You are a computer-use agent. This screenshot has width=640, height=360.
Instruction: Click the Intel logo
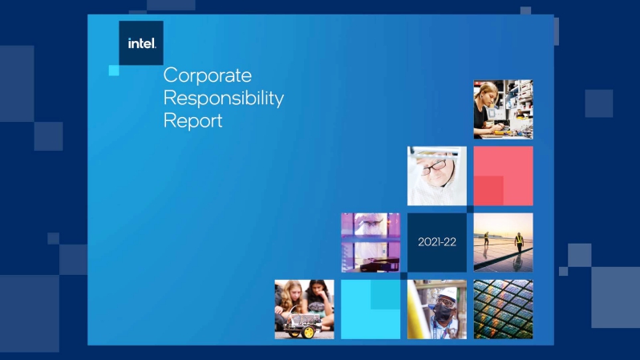point(141,42)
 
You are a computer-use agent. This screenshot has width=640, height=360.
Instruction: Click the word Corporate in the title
point(208,75)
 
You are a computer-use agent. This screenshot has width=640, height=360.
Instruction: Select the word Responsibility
point(223,99)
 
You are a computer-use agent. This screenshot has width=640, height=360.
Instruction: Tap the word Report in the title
point(192,121)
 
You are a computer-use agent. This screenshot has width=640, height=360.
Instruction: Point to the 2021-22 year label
point(437,242)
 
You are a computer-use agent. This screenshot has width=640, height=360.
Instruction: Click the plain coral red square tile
point(504,176)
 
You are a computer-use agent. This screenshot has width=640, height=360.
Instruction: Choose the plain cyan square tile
point(371,309)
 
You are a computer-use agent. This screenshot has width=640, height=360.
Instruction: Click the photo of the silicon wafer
point(504,309)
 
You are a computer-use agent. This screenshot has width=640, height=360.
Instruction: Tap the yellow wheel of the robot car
point(308,332)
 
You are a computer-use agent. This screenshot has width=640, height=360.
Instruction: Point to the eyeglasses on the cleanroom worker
point(435,166)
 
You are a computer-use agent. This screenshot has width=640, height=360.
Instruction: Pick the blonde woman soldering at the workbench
point(487,108)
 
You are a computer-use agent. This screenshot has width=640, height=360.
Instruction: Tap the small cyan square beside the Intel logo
point(114,71)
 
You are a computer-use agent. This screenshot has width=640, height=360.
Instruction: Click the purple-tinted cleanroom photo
point(371,242)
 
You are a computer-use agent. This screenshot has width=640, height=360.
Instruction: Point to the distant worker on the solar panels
point(487,238)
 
